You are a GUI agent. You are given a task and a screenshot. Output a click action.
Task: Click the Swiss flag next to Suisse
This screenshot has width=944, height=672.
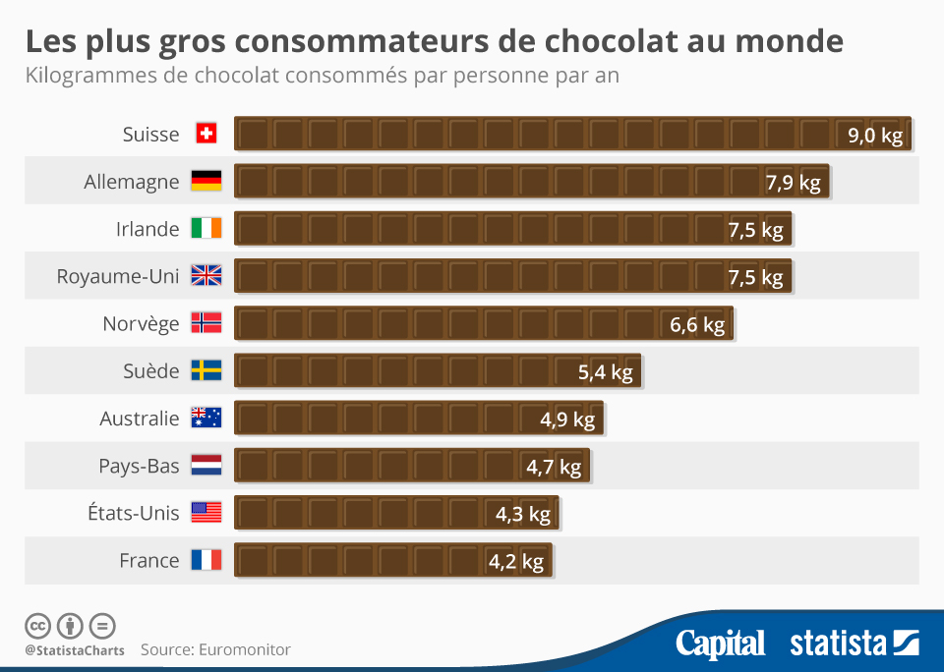(x=206, y=135)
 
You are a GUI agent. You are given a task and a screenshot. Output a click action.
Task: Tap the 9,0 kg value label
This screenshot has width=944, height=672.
(x=874, y=136)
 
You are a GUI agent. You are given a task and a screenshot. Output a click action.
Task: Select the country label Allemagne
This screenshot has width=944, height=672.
(x=132, y=182)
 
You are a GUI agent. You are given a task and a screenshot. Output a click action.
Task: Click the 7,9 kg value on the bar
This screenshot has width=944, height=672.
(x=793, y=183)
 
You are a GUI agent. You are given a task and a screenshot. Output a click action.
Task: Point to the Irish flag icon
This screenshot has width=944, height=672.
(x=206, y=229)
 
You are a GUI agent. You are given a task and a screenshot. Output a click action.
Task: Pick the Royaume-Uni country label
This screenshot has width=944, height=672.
(x=118, y=276)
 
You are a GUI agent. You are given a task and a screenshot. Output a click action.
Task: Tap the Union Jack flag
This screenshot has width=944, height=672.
(x=206, y=276)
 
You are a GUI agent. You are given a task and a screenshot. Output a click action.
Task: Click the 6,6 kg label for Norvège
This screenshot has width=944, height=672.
(x=697, y=324)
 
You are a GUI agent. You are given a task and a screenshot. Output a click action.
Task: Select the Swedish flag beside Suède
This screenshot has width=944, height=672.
(x=206, y=371)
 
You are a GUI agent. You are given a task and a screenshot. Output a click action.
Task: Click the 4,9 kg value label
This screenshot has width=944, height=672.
(x=567, y=420)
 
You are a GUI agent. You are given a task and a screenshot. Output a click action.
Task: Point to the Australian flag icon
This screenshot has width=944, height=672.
(x=206, y=419)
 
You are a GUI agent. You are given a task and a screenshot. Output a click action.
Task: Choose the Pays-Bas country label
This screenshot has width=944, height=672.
(x=139, y=466)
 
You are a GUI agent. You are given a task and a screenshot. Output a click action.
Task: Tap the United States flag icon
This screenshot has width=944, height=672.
(x=206, y=513)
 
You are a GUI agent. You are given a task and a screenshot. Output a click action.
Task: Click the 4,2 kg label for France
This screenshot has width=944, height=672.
(x=516, y=562)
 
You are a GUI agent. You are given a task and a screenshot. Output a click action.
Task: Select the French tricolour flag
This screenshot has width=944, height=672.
(x=206, y=560)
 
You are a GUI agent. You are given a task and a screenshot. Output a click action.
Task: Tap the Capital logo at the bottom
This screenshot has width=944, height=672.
(x=720, y=644)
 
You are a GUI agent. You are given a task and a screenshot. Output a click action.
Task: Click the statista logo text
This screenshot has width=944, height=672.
(x=838, y=644)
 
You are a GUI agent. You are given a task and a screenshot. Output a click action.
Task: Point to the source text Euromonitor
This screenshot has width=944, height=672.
(x=244, y=649)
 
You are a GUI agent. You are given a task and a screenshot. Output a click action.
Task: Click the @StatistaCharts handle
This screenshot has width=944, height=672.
(x=75, y=649)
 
